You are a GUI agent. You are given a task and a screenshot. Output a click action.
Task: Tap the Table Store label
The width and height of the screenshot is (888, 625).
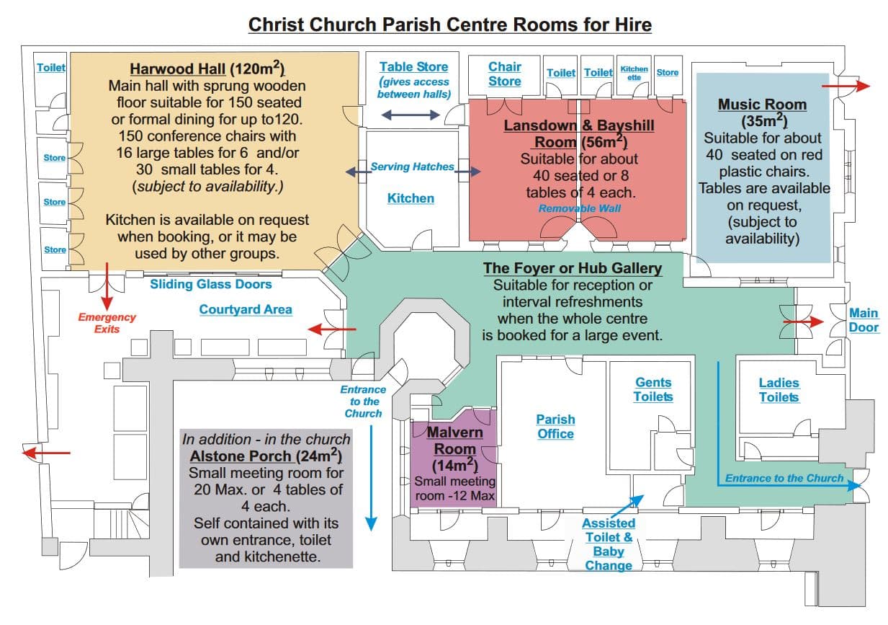tap(413, 67)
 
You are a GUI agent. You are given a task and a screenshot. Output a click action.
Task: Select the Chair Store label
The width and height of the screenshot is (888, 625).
tap(504, 74)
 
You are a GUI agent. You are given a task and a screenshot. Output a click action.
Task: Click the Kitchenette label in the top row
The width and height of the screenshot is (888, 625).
tap(634, 73)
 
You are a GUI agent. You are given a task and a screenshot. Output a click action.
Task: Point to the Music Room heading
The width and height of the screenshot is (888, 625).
tap(762, 105)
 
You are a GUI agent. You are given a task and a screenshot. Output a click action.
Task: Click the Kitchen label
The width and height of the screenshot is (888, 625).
tap(411, 198)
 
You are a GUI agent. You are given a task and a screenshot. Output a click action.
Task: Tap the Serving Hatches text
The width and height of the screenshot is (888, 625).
tap(412, 167)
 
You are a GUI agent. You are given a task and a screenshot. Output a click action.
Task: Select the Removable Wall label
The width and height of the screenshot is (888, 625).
tap(579, 209)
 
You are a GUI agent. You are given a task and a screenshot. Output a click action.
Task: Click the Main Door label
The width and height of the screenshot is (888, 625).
tap(864, 320)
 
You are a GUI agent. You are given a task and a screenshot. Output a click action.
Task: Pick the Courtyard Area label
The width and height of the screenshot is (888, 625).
tap(246, 309)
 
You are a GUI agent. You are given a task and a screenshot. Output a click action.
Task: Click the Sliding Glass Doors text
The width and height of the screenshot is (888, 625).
tap(210, 284)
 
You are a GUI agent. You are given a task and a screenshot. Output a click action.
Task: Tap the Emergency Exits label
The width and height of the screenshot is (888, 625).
tap(107, 323)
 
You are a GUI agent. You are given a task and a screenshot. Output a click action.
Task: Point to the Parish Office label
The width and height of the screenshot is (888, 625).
tap(555, 426)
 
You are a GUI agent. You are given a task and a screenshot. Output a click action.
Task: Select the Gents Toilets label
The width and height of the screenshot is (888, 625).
tap(653, 389)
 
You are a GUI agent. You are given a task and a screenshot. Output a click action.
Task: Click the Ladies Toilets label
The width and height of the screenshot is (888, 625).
tap(779, 390)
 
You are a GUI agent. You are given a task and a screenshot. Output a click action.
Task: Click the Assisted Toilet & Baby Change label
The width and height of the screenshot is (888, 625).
tap(609, 544)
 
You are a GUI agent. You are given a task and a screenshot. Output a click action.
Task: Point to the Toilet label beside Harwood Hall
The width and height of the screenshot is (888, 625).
tap(51, 68)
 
